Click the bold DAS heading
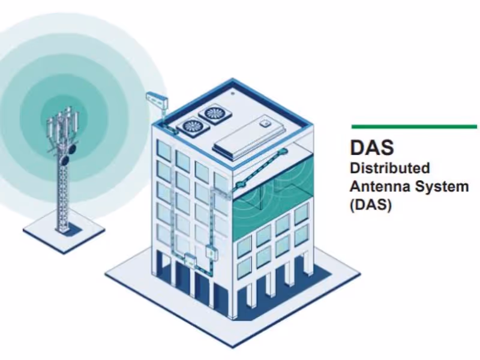coord(372,147)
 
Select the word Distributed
coord(389,168)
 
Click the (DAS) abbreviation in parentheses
coord(371,205)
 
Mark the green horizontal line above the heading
coord(414,127)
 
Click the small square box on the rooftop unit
coord(265,124)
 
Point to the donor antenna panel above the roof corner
coord(157,100)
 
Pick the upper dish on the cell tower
coord(71,149)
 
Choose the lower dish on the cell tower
coord(65,160)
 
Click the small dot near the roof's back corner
coord(233,93)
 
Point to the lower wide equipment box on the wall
coord(190,260)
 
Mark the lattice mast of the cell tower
coord(64,196)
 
